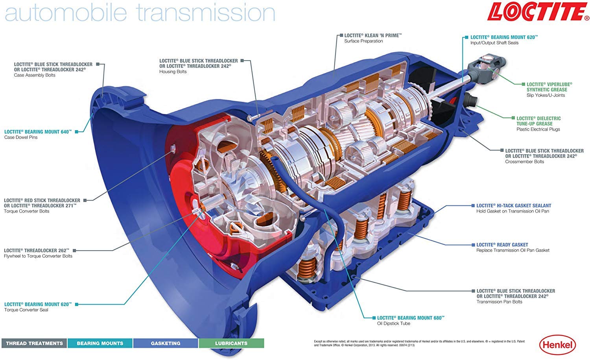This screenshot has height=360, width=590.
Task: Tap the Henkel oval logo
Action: (x=557, y=345)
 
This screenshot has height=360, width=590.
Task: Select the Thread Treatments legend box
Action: (x=34, y=343)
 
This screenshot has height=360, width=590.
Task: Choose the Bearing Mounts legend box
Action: (x=100, y=343)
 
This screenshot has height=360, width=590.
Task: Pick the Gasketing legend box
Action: (x=166, y=343)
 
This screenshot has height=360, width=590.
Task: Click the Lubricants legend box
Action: (x=231, y=343)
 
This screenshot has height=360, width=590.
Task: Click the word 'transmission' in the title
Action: (x=206, y=12)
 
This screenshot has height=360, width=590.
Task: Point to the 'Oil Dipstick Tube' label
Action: (x=393, y=323)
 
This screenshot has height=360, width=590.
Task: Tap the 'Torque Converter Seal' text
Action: (x=26, y=310)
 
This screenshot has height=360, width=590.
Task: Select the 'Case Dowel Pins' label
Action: (x=21, y=137)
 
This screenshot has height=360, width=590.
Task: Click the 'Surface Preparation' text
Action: (x=363, y=41)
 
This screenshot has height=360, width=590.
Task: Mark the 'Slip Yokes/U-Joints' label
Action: (x=546, y=95)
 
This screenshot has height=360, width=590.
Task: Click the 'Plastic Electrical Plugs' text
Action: (x=538, y=129)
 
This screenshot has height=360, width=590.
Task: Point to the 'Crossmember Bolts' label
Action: (x=524, y=162)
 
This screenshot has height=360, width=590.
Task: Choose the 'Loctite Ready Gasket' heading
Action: (x=502, y=245)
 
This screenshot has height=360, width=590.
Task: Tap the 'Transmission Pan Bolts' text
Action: (x=499, y=302)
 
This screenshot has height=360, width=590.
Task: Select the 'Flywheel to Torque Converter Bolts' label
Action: (x=38, y=256)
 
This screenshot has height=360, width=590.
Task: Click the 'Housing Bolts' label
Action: (x=173, y=72)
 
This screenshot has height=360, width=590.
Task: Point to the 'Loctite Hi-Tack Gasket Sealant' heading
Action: (x=514, y=205)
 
